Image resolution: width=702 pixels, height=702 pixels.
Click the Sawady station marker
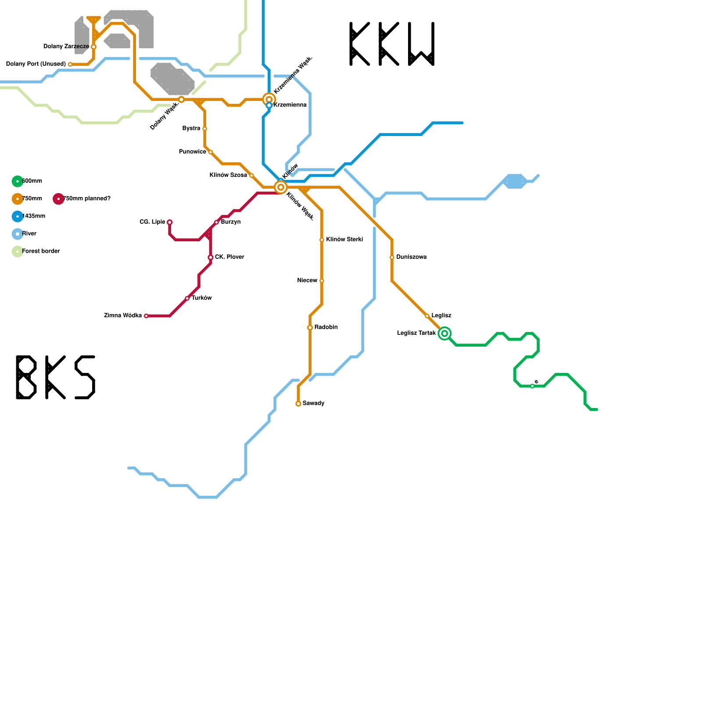point(298,404)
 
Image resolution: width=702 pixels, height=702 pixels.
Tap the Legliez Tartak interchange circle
point(444,333)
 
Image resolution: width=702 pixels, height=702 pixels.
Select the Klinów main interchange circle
point(281,187)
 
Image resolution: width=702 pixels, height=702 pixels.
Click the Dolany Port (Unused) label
point(36,64)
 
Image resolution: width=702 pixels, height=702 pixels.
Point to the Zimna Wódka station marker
point(146,316)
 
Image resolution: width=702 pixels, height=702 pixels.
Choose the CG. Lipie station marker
point(170,222)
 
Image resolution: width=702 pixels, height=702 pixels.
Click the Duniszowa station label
point(411,257)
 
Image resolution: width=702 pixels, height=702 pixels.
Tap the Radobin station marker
point(310,328)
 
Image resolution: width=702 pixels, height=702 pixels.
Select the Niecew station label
point(307,281)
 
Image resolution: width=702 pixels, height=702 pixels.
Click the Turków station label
point(202,298)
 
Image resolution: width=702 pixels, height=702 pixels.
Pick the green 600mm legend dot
point(18,181)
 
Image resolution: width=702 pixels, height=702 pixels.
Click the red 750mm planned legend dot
point(58,199)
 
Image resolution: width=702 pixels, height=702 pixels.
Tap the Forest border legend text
point(41,251)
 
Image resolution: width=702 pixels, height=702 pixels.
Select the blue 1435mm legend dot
point(18,216)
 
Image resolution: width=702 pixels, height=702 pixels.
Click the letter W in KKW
point(421,44)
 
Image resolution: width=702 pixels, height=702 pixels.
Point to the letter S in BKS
point(85,377)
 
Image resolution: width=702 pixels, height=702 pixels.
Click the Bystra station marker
point(205,129)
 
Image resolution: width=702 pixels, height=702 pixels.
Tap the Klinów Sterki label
point(344,240)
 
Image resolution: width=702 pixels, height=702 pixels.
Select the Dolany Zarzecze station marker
point(93,47)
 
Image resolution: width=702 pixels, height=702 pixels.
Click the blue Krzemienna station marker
point(269,105)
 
